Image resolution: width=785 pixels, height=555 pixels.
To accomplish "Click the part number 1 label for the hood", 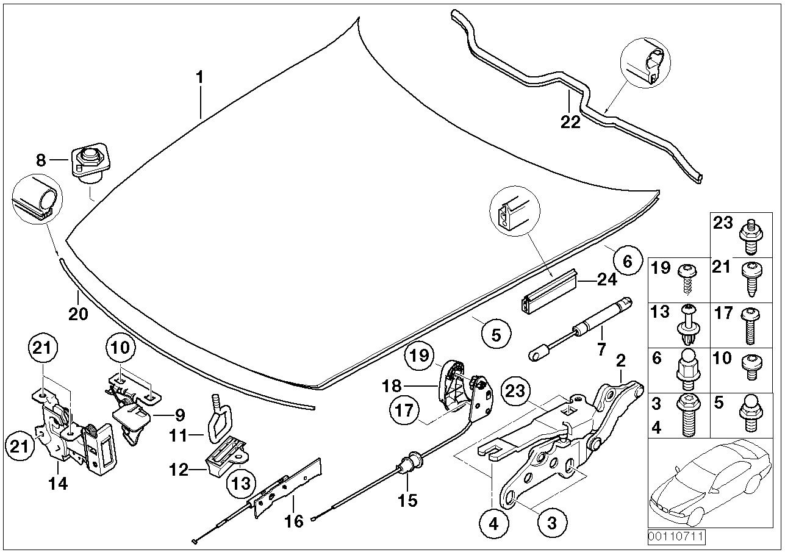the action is [200, 78].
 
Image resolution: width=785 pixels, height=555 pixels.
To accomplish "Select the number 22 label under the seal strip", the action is [570, 123].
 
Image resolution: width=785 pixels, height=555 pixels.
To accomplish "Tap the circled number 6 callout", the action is [628, 260].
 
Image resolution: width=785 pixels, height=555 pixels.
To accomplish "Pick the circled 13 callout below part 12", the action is [242, 484].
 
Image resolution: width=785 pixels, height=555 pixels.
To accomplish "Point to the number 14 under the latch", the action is [58, 484].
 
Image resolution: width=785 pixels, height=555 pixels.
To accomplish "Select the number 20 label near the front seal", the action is [78, 314].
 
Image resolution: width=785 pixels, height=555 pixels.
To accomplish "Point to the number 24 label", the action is [608, 280].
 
